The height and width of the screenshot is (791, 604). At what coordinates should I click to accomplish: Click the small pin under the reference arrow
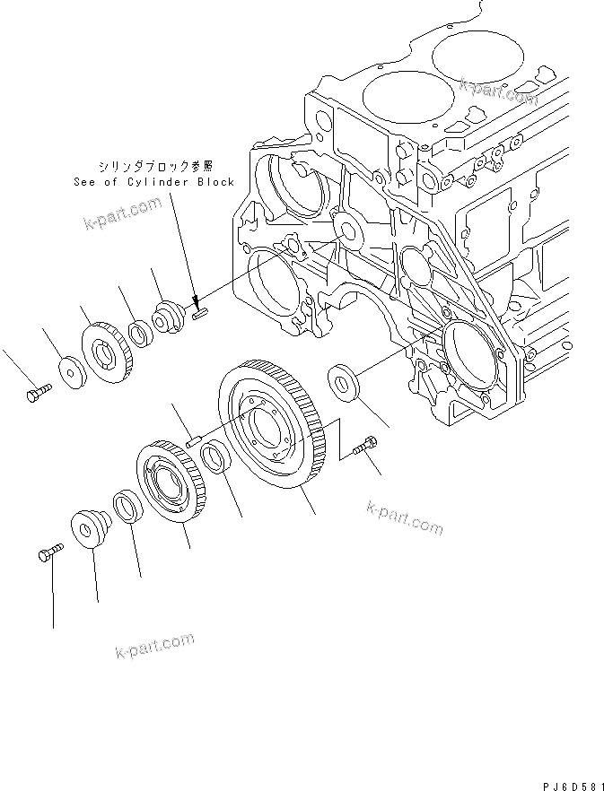(201, 313)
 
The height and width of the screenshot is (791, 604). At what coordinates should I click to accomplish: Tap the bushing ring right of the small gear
(139, 335)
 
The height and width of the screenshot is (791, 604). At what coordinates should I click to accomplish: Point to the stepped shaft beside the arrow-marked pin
(169, 319)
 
